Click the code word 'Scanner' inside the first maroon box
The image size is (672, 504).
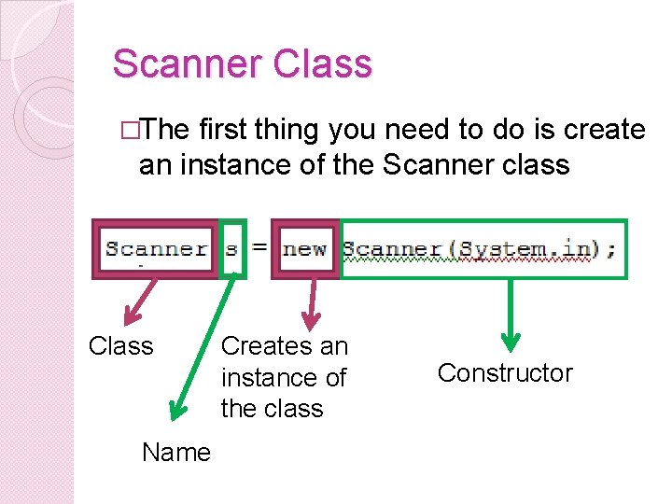click(156, 249)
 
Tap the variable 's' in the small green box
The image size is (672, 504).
click(231, 249)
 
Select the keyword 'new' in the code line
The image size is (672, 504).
click(305, 249)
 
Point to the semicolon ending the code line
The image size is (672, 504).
click(610, 249)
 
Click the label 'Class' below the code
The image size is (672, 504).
click(120, 346)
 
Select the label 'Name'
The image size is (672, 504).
click(176, 453)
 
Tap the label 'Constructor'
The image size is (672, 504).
click(505, 373)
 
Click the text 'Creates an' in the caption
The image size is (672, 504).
click(284, 346)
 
